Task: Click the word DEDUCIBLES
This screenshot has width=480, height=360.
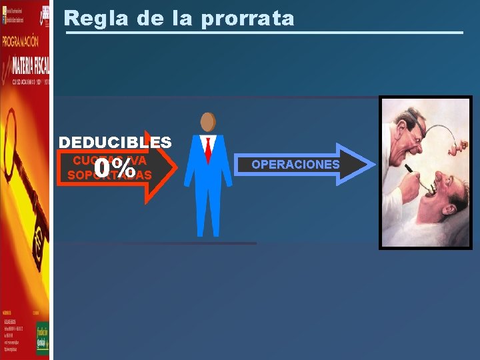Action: pyautogui.click(x=115, y=142)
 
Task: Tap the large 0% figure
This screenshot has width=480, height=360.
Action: pyautogui.click(x=115, y=169)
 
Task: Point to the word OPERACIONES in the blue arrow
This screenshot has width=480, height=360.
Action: pyautogui.click(x=295, y=165)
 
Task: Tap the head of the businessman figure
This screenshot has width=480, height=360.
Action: pyautogui.click(x=208, y=122)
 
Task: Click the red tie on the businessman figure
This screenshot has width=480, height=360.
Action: pyautogui.click(x=208, y=149)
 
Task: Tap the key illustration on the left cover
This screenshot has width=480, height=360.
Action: pyautogui.click(x=27, y=173)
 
